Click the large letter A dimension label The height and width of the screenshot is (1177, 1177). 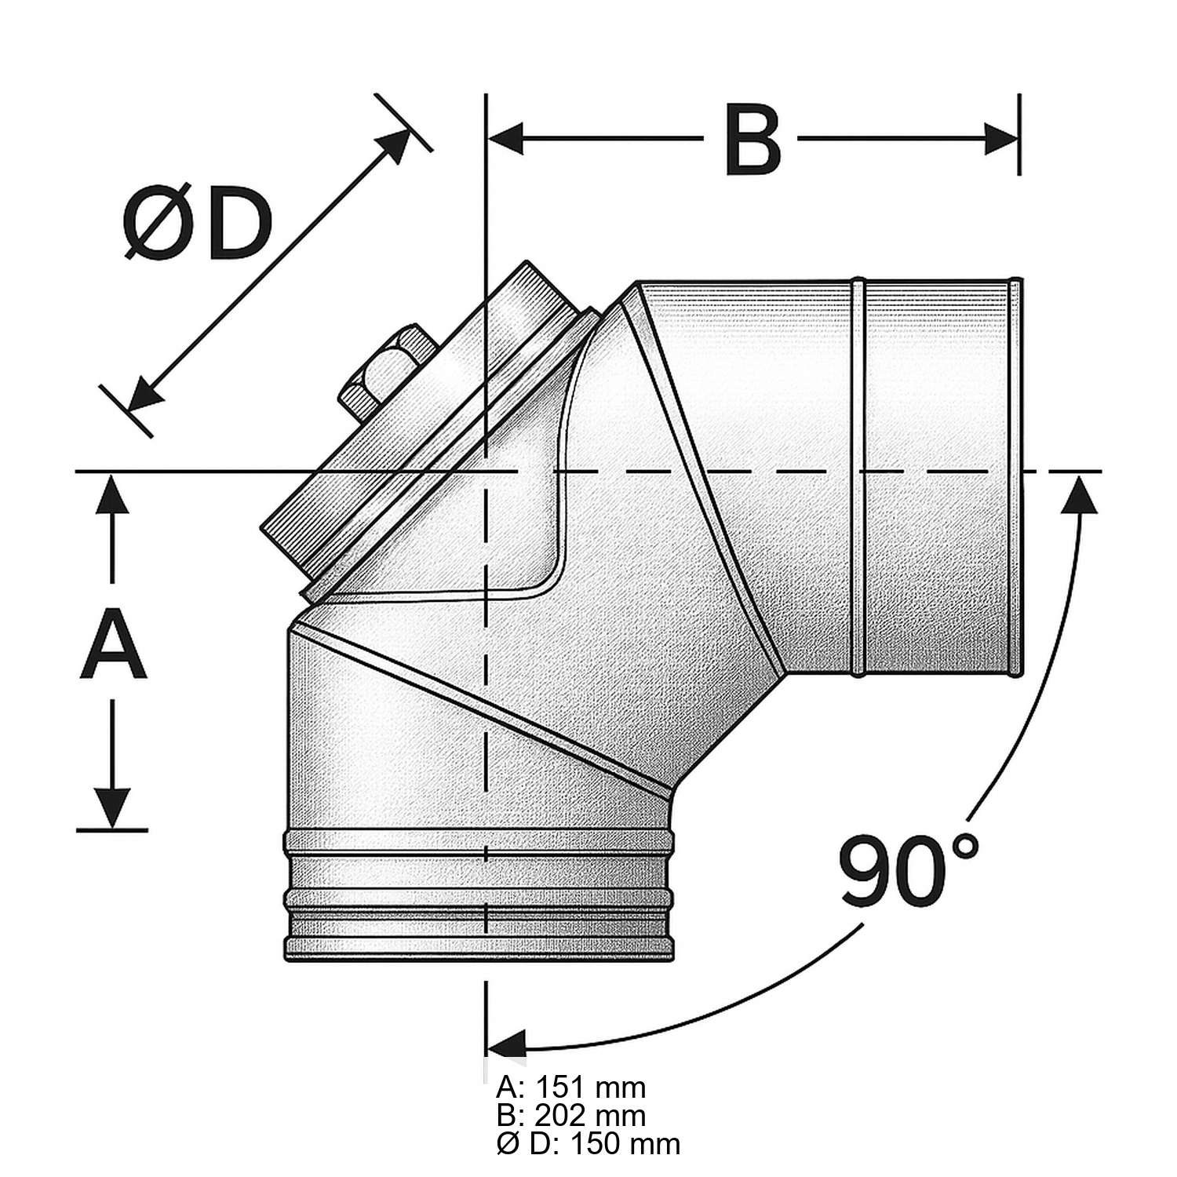coord(114,648)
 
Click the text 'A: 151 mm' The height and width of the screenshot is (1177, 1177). coord(571,1088)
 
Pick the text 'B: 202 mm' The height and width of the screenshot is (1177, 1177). coord(571,1115)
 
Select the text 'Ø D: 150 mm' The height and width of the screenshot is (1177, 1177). coord(588,1143)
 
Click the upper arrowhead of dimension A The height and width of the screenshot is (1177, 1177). coord(114,494)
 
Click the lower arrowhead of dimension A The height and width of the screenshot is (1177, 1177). coord(114,808)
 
